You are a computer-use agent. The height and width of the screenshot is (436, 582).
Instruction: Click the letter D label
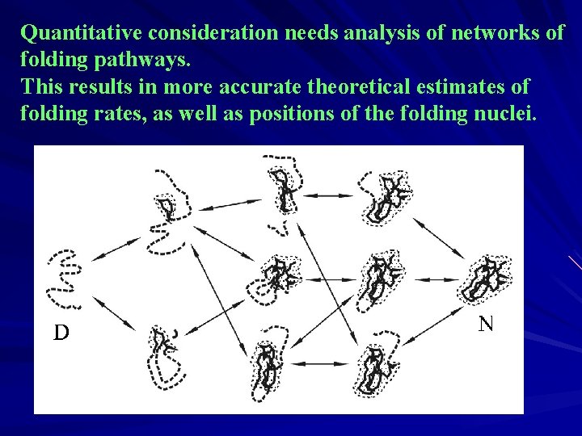click(61, 333)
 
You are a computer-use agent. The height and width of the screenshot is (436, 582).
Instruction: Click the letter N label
click(486, 325)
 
